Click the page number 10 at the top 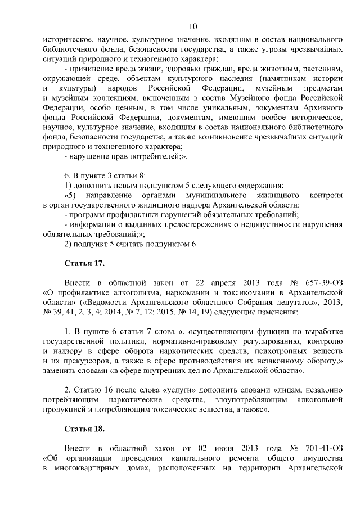tap(193, 26)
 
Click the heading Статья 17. tap(85, 263)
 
